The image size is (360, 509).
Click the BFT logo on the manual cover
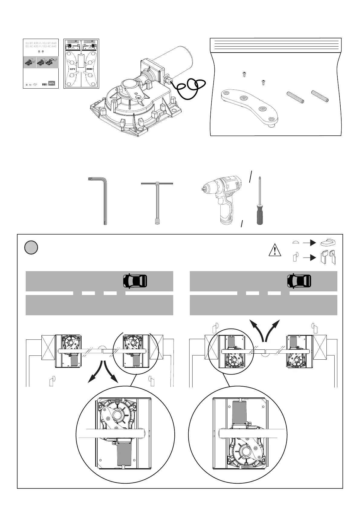click(x=52, y=83)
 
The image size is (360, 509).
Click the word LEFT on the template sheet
click(x=73, y=69)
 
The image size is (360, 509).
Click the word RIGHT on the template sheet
click(x=90, y=69)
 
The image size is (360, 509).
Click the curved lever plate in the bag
click(x=249, y=105)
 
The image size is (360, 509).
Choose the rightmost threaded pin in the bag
click(x=320, y=96)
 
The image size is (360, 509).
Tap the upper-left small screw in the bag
click(x=244, y=74)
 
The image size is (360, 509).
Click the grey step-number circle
click(x=31, y=248)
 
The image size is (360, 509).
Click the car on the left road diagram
click(x=135, y=281)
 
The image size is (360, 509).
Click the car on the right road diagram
click(x=299, y=281)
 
